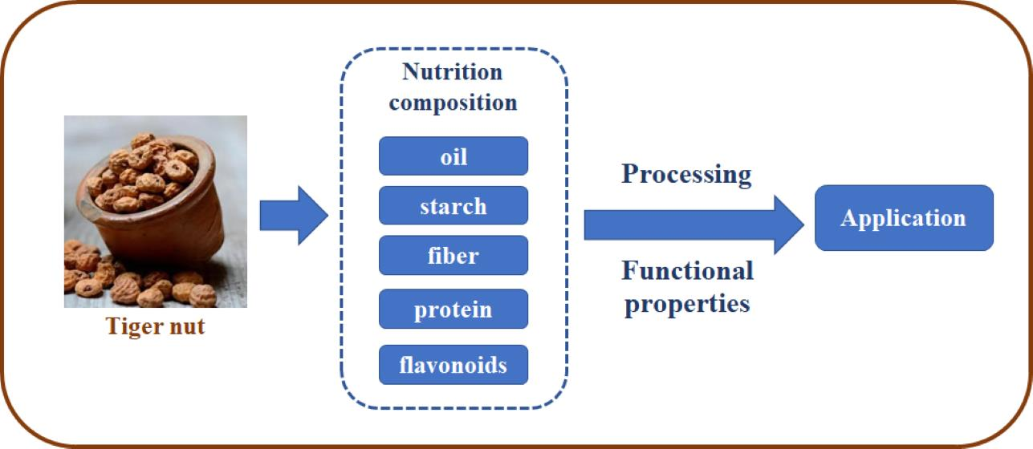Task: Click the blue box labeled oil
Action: tap(453, 156)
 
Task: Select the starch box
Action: tap(453, 205)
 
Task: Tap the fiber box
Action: tap(453, 256)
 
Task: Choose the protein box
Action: tap(453, 309)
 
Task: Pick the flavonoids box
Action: tap(453, 365)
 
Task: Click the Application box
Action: tap(904, 218)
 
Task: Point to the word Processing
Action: tap(686, 174)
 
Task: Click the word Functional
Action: tap(688, 271)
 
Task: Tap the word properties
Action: tap(686, 304)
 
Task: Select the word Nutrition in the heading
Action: tap(453, 71)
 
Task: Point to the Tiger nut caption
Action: tap(156, 326)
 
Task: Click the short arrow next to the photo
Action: tap(294, 215)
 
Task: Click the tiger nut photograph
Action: tap(156, 212)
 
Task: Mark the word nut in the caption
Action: tap(186, 326)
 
